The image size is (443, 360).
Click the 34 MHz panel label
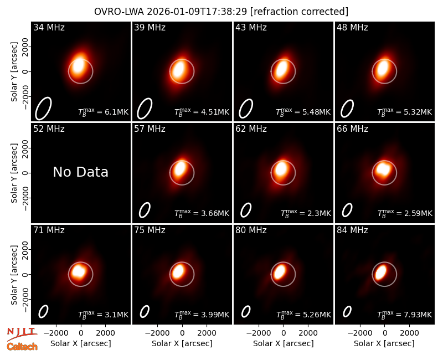pyautogui.click(x=49, y=27)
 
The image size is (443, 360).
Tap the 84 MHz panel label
pyautogui.click(x=352, y=230)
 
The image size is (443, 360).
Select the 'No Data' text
pyautogui.click(x=80, y=172)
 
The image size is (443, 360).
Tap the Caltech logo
pyautogui.click(x=22, y=347)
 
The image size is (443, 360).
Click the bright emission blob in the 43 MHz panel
pyautogui.click(x=283, y=69)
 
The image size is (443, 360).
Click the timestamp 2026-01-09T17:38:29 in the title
pyautogui.click(x=197, y=12)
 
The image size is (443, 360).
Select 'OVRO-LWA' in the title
pyautogui.click(x=119, y=12)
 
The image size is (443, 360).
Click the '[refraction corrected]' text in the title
pyautogui.click(x=300, y=12)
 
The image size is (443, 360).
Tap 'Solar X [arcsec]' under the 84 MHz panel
pyautogui.click(x=384, y=343)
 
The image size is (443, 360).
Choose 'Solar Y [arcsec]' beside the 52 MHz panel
pyautogui.click(x=14, y=173)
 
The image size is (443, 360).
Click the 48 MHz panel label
pyautogui.click(x=352, y=27)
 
